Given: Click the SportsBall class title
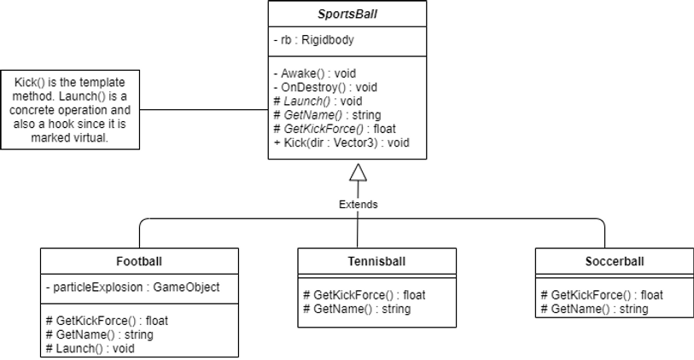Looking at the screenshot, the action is [x=347, y=14].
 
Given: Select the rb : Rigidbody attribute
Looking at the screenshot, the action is [x=314, y=40].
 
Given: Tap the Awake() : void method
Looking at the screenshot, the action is [x=315, y=73].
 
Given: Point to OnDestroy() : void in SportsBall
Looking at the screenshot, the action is [x=325, y=87].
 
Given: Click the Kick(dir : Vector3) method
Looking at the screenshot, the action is [x=341, y=142].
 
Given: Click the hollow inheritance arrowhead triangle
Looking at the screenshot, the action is [x=358, y=172].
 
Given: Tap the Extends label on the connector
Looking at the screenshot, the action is [x=358, y=205].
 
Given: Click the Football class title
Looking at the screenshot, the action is [x=139, y=261].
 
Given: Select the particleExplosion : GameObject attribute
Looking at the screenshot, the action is [x=133, y=287].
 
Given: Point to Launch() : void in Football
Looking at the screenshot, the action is [x=90, y=349].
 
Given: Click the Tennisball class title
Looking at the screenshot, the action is [x=376, y=261].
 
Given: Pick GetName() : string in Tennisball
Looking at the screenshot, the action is [x=357, y=309].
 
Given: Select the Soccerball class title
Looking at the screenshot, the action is [x=615, y=261].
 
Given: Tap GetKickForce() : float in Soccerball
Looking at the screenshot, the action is [x=602, y=295].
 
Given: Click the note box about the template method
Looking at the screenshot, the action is [x=70, y=110].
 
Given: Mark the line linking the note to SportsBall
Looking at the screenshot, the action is [x=204, y=110].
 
